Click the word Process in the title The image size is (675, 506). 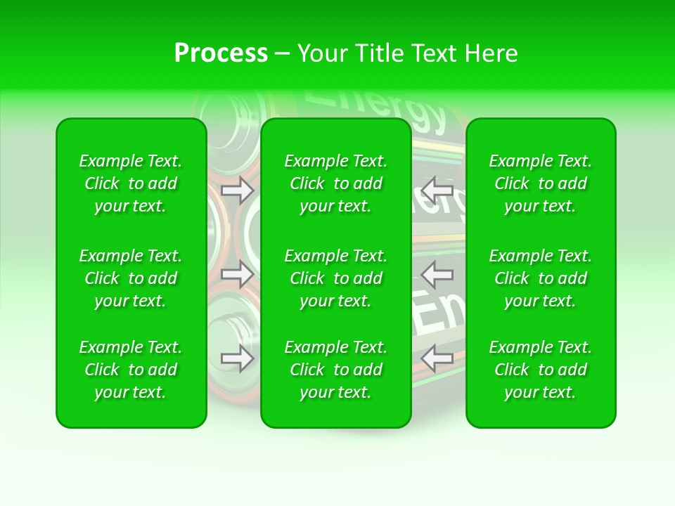tap(221, 53)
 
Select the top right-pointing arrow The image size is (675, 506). tap(237, 190)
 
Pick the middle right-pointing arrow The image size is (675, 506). tap(237, 274)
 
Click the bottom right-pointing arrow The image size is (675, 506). tap(237, 358)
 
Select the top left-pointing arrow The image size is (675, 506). tap(437, 189)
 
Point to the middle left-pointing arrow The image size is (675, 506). tap(437, 274)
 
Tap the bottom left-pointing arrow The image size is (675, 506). tap(437, 358)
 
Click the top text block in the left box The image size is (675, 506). tap(131, 183)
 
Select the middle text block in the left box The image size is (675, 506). tap(131, 278)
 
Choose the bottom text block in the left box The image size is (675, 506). tap(131, 370)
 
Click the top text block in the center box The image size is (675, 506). tap(336, 183)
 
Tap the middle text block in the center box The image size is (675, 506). tap(336, 278)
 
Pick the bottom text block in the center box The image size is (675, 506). tap(336, 370)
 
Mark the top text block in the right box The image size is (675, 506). tap(541, 183)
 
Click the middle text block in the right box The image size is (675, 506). tap(541, 278)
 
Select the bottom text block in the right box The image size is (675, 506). tap(541, 370)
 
